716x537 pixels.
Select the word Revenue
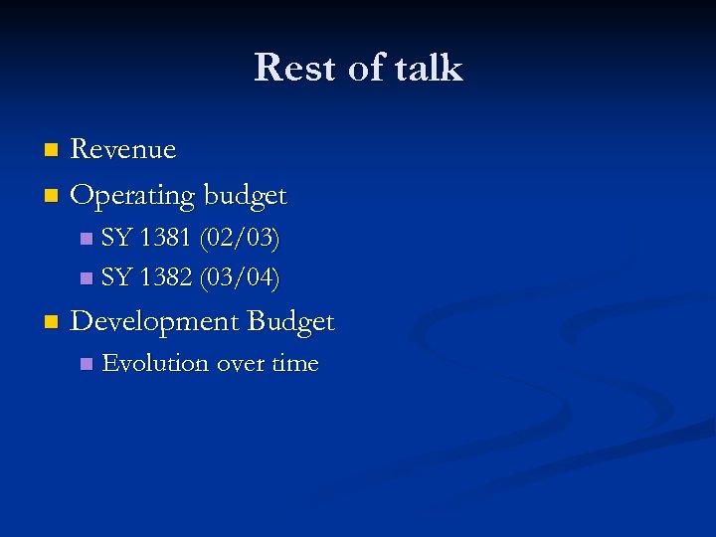tap(123, 150)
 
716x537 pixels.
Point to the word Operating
tap(132, 195)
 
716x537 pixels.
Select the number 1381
tap(167, 239)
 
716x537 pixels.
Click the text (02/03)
tap(240, 239)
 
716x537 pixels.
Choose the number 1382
tap(167, 275)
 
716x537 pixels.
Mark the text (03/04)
tap(240, 275)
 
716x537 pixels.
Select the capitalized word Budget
tap(290, 321)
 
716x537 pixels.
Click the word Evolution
tap(155, 363)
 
